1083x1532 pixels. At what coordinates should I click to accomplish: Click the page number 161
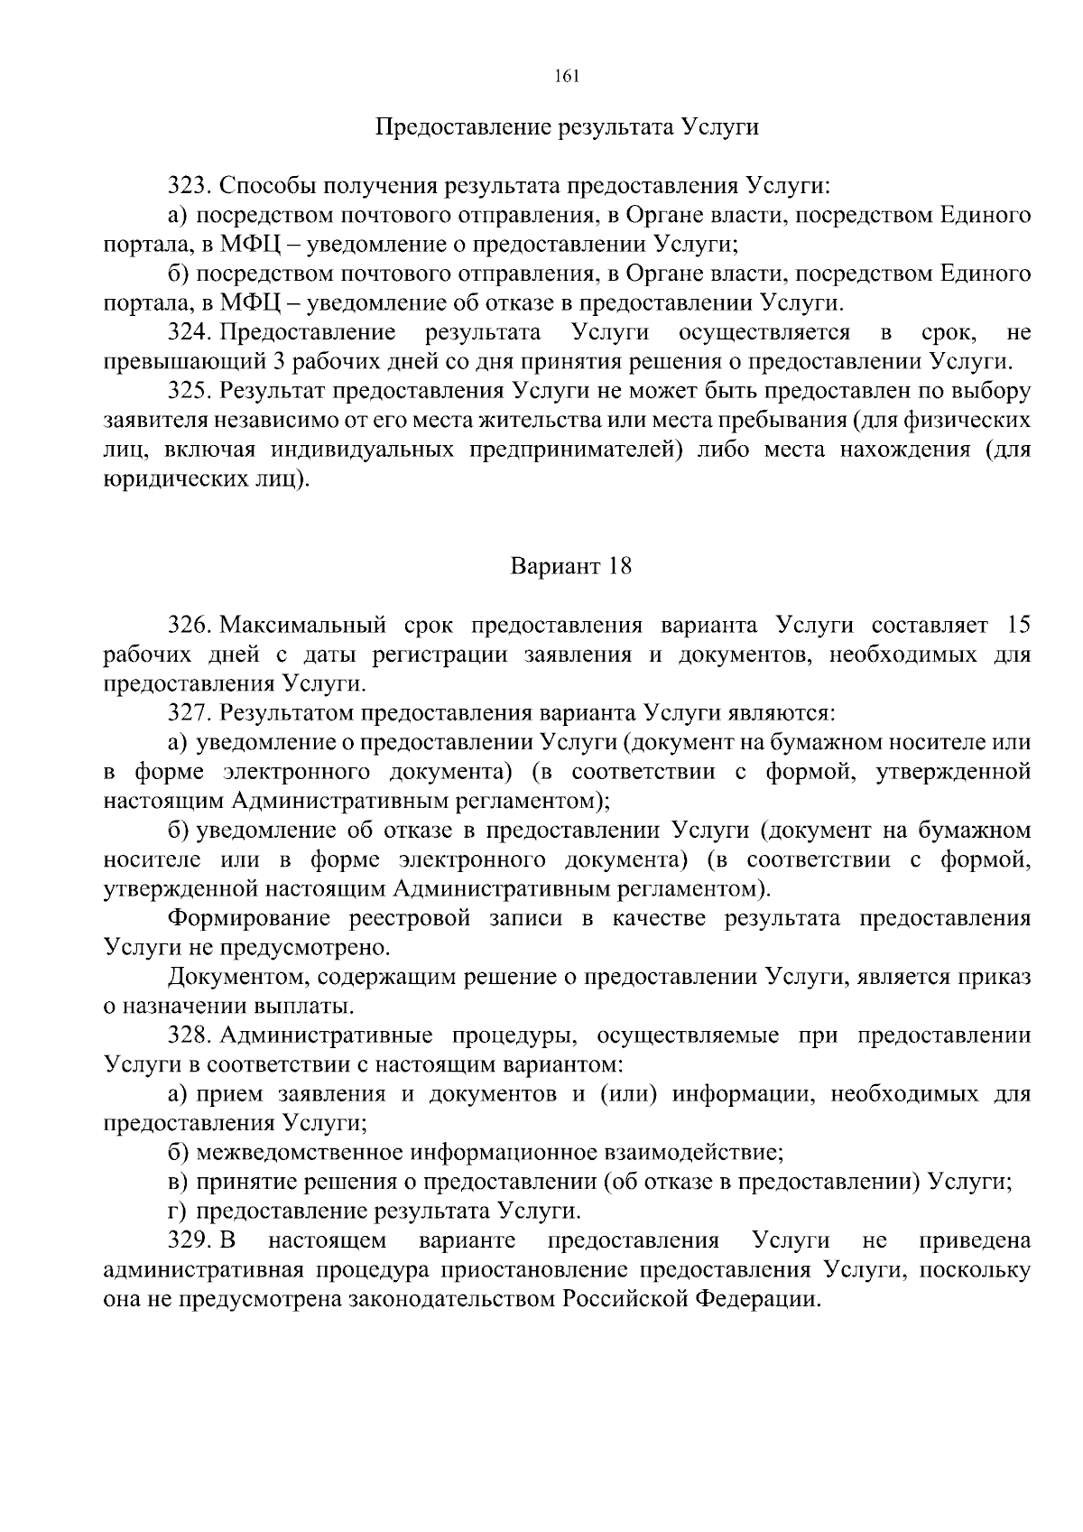(x=566, y=77)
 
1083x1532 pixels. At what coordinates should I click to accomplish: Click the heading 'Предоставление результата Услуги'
(x=567, y=127)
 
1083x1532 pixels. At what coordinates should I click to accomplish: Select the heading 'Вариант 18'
(x=571, y=566)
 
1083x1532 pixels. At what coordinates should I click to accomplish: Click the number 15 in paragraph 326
(x=1016, y=626)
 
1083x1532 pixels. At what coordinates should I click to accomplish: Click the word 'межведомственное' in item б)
(x=300, y=1153)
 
